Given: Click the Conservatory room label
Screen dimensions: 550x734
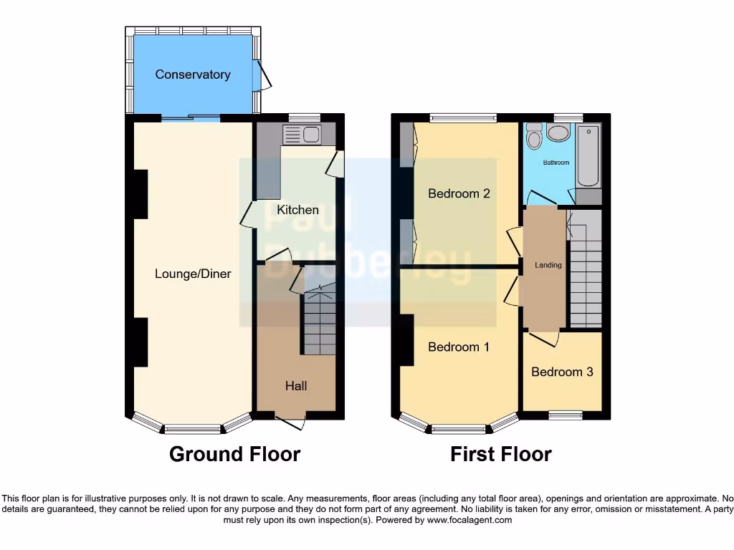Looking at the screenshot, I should [x=193, y=74].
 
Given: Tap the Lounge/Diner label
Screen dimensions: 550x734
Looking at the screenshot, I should [x=193, y=274].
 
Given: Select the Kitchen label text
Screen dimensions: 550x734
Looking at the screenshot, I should [x=297, y=210].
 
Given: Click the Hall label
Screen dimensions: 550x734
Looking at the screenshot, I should [x=296, y=386].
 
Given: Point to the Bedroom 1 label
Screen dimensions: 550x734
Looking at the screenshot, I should [x=458, y=347].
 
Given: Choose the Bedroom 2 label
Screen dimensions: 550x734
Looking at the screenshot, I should [x=459, y=193].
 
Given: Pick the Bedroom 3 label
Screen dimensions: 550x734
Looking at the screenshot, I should [x=562, y=372].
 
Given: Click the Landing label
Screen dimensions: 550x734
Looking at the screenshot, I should [x=548, y=265].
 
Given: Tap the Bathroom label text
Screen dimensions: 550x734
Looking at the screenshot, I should [x=556, y=163].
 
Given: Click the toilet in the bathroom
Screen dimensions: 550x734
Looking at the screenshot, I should [x=533, y=136].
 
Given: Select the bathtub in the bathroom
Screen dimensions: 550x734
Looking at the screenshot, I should [x=588, y=156].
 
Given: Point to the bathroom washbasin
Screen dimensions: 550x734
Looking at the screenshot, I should [x=557, y=132].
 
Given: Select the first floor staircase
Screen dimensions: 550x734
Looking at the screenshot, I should [x=586, y=272].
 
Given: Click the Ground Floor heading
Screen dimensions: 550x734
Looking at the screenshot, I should [x=234, y=454].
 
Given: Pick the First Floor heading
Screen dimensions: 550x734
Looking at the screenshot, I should [x=500, y=454].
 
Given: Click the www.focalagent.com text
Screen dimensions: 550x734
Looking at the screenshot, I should [x=470, y=520].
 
